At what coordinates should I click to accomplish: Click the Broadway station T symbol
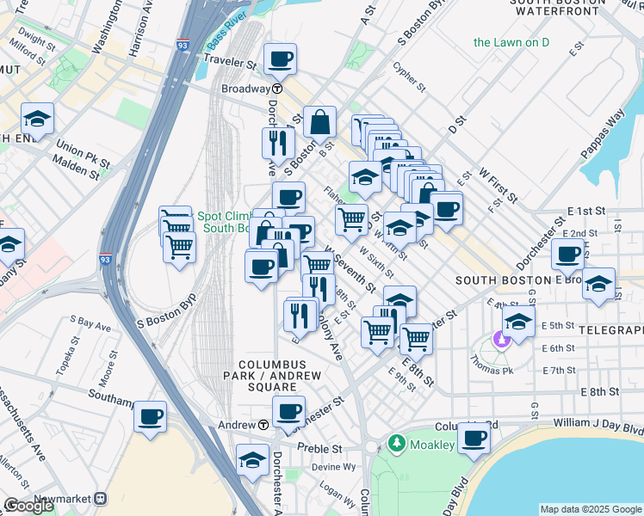point(278,89)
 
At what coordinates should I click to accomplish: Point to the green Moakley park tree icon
point(397,444)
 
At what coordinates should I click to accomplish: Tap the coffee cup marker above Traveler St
point(281,60)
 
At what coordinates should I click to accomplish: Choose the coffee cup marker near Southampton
point(151,417)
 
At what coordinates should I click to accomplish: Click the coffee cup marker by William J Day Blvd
point(474,439)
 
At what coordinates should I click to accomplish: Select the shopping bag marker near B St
point(319,123)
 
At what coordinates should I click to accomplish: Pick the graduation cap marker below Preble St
point(252,460)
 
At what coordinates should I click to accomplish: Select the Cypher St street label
point(409,76)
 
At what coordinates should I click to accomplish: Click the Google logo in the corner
point(28,506)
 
